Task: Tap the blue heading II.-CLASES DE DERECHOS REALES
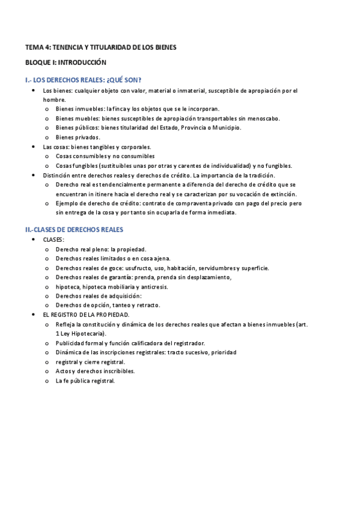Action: click(74, 230)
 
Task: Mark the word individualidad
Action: click(227, 165)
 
